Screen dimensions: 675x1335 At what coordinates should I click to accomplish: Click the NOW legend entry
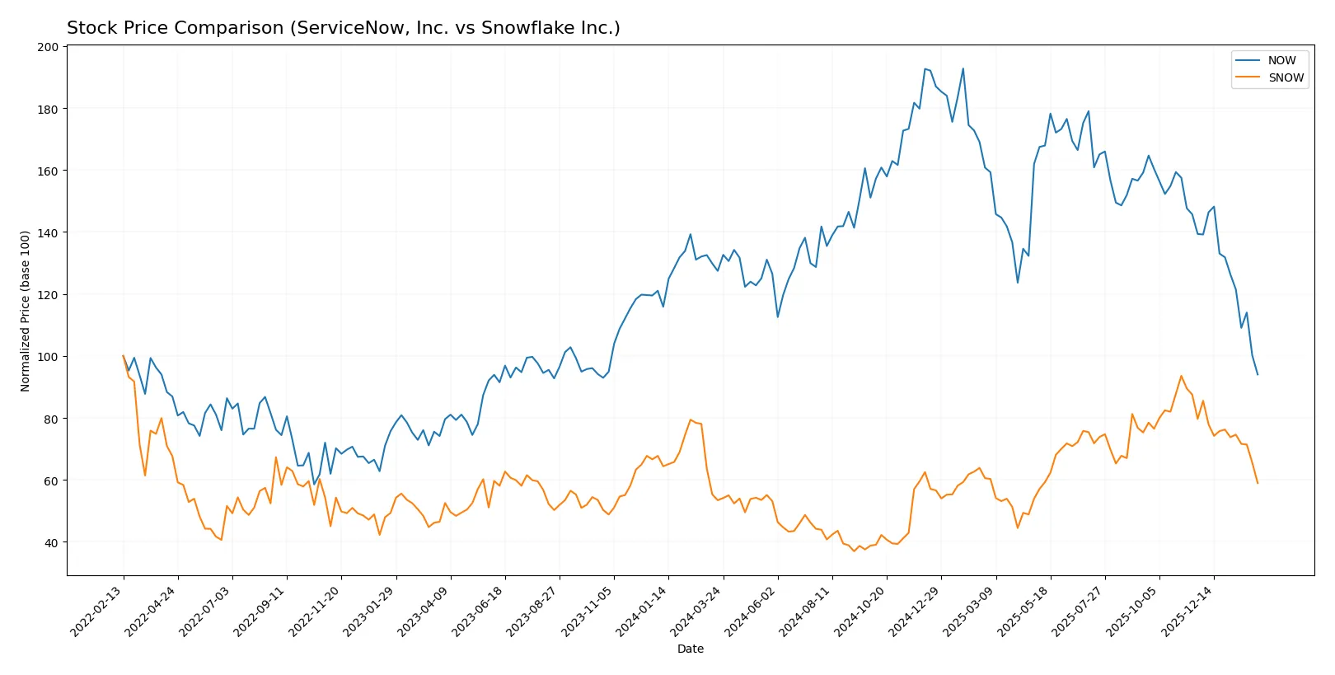[1281, 60]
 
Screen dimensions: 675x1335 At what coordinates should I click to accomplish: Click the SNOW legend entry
[1286, 77]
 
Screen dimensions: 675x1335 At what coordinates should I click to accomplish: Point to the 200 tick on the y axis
[48, 47]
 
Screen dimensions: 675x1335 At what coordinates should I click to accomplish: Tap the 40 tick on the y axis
[51, 542]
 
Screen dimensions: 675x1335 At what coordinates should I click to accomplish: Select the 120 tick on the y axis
[48, 295]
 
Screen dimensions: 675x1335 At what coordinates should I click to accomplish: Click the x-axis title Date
[690, 649]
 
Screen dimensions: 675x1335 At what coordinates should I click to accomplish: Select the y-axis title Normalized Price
[26, 311]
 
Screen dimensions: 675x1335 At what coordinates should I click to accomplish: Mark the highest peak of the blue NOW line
[925, 69]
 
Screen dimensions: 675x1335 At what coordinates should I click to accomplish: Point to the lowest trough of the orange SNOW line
[854, 551]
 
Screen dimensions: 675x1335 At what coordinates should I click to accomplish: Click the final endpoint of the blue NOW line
[1258, 375]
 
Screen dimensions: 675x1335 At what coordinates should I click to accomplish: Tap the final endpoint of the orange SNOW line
[1258, 483]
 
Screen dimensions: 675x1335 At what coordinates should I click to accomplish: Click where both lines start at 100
[124, 356]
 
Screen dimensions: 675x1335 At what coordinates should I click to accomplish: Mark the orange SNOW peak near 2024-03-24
[691, 420]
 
